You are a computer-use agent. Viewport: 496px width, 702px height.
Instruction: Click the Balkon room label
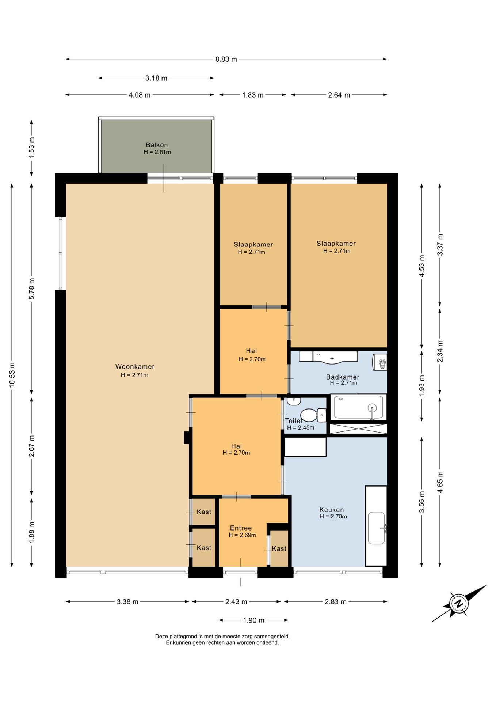tap(157, 145)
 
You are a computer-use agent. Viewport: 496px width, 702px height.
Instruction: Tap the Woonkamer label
tap(135, 366)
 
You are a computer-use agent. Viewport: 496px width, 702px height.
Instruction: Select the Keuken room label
tap(332, 510)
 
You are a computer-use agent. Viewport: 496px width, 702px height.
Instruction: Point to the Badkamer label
tap(343, 377)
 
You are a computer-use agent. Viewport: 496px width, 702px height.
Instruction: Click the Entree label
tap(241, 528)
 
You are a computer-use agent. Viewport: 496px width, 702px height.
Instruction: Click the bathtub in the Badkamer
tap(358, 407)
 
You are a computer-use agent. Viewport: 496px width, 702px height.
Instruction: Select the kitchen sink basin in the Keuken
tap(377, 528)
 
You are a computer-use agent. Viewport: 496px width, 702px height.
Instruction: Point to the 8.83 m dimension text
tap(226, 59)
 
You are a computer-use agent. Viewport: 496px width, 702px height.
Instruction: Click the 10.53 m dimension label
tap(12, 375)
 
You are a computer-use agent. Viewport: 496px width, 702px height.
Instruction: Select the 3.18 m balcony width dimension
tap(156, 78)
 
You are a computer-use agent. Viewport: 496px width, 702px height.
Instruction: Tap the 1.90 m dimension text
tap(253, 620)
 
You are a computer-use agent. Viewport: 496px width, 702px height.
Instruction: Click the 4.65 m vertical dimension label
tap(440, 482)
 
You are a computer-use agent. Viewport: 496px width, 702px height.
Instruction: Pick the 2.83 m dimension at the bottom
tap(336, 601)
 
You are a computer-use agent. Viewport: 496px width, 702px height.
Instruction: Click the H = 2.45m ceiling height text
tap(301, 428)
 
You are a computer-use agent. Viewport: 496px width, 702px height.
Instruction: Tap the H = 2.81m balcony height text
tap(157, 152)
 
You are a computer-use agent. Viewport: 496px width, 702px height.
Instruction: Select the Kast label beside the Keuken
tap(279, 548)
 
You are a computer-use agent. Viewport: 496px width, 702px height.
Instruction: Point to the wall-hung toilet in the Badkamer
tap(380, 362)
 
